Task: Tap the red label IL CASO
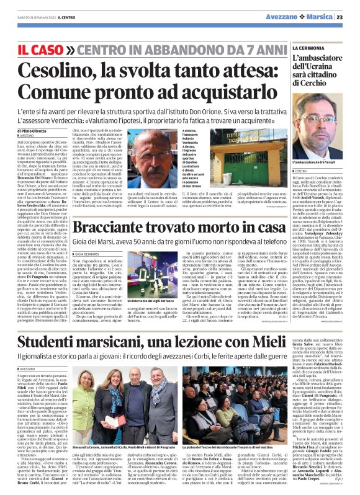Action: [x=42, y=48]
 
